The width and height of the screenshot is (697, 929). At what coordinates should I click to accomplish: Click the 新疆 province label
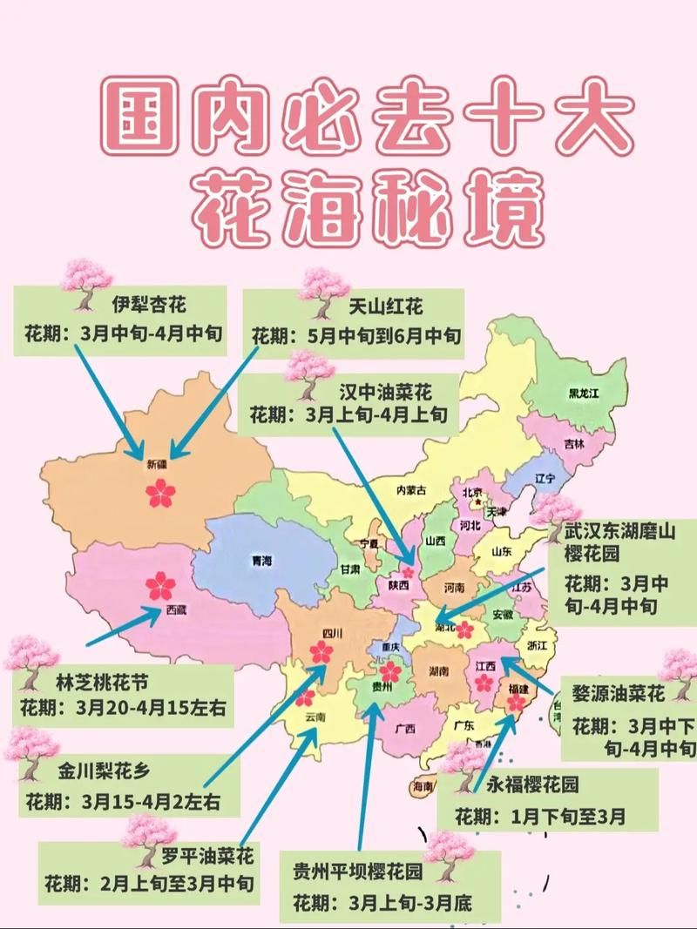(156, 465)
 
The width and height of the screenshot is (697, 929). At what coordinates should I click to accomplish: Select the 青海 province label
(261, 561)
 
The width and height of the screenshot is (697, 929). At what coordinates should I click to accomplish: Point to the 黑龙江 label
(583, 394)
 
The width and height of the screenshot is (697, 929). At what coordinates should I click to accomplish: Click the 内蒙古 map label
(411, 490)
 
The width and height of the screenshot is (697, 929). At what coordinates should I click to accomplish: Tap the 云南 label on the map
(315, 717)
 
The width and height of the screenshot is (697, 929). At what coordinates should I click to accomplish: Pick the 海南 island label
(423, 786)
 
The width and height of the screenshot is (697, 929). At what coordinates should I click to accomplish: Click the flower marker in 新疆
(160, 494)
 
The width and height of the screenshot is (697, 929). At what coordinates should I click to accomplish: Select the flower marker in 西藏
(160, 584)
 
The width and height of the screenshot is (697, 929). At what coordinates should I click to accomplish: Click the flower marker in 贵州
(390, 671)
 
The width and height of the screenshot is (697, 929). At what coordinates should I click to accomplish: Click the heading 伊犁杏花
(148, 304)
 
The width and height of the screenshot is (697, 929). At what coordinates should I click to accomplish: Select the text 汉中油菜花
(384, 387)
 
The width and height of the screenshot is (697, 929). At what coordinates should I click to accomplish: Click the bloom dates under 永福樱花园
(540, 817)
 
